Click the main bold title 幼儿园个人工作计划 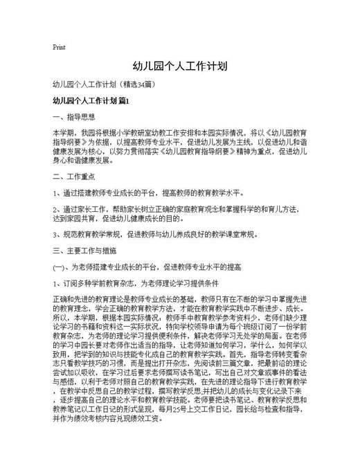tap(180, 66)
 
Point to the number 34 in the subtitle tap(142, 85)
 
